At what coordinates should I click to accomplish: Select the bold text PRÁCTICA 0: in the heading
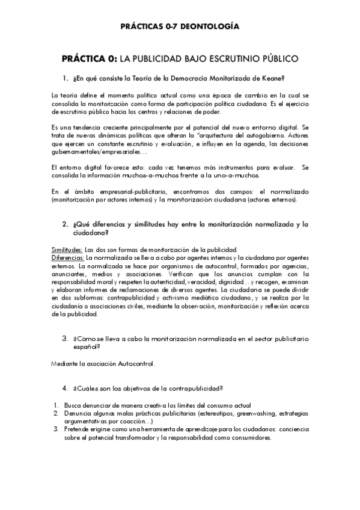[90, 59]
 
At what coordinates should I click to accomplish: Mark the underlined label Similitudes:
[67, 250]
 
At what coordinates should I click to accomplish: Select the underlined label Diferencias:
[68, 257]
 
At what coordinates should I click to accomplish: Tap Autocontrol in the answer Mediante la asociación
[137, 363]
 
